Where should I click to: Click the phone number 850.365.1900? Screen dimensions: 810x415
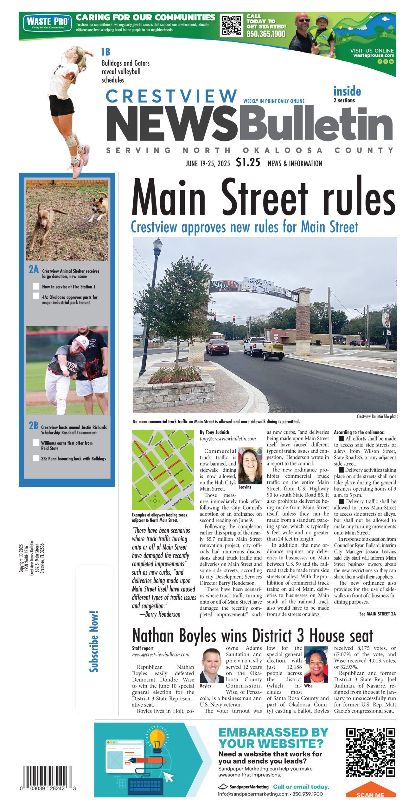[x=266, y=34]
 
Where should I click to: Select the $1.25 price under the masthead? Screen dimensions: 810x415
[x=248, y=162]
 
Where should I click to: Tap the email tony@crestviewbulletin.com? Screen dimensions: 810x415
[x=227, y=439]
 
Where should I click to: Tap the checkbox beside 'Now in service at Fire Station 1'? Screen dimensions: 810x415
[x=36, y=287]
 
